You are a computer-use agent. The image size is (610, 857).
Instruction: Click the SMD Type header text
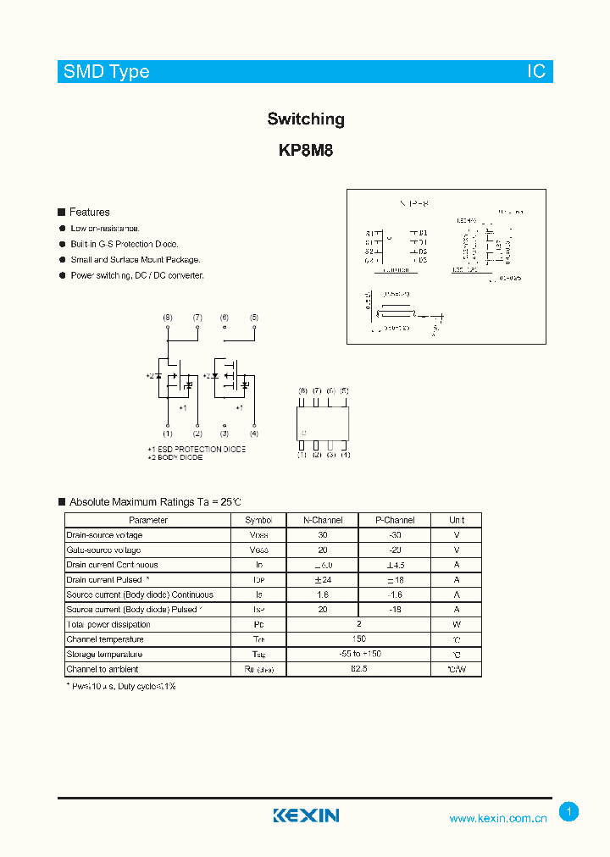(106, 72)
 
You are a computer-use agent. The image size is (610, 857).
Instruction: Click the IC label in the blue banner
(536, 72)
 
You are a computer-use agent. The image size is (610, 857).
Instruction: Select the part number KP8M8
(306, 152)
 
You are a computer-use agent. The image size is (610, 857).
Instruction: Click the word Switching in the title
(306, 119)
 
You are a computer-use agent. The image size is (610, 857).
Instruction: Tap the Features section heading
(89, 213)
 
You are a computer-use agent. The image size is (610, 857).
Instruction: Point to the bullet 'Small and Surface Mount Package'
(135, 260)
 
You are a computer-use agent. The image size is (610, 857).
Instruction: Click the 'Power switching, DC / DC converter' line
(137, 276)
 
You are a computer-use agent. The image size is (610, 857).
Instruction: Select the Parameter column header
(148, 520)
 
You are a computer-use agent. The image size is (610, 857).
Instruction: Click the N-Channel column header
(323, 520)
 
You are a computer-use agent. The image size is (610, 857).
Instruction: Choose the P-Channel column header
(395, 520)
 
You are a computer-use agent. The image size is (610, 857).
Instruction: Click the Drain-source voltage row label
(104, 535)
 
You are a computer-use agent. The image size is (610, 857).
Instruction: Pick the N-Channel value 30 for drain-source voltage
(323, 535)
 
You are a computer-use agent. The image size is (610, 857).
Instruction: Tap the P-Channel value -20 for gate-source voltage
(395, 550)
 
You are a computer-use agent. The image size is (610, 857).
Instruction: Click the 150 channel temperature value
(358, 639)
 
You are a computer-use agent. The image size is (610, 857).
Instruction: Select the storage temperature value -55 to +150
(358, 655)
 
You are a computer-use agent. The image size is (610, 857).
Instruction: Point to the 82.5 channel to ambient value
(358, 669)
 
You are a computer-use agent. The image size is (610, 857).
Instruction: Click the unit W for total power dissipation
(457, 625)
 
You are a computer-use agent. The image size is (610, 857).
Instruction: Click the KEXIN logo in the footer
(306, 816)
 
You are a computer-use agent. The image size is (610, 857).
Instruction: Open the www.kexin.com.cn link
(498, 818)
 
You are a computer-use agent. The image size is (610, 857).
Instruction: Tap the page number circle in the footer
(569, 812)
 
